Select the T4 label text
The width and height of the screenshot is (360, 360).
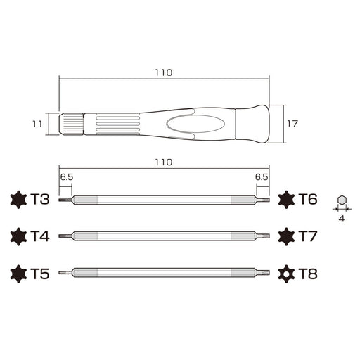pyautogui.click(x=40, y=236)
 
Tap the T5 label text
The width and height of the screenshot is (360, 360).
pyautogui.click(x=40, y=273)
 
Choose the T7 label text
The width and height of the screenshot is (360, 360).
pyautogui.click(x=308, y=236)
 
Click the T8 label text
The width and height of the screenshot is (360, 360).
pyautogui.click(x=308, y=273)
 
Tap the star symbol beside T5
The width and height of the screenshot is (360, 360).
pyautogui.click(x=17, y=273)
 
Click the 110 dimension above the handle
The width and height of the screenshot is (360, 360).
pyautogui.click(x=163, y=72)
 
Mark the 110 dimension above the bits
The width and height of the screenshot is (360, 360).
pyautogui.click(x=163, y=162)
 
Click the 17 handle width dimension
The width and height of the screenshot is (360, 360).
pyautogui.click(x=293, y=124)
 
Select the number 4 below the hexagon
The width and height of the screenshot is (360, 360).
pyautogui.click(x=342, y=219)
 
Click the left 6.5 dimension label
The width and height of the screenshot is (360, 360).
pyautogui.click(x=66, y=178)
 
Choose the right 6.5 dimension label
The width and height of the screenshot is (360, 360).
pyautogui.click(x=262, y=178)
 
